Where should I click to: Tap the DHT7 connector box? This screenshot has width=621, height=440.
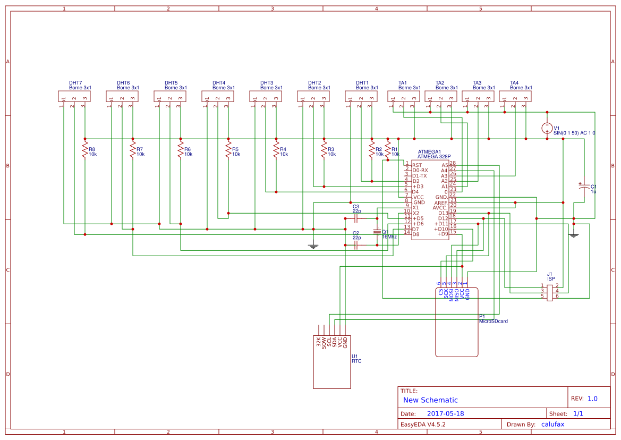[x=74, y=96]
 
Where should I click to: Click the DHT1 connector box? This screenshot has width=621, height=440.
[x=361, y=96]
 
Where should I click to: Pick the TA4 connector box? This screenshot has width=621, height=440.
[x=515, y=96]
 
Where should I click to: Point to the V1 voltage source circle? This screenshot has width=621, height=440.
[x=547, y=128]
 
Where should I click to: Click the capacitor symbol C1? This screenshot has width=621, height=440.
[x=584, y=187]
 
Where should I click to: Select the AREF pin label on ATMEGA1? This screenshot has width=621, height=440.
[x=440, y=202]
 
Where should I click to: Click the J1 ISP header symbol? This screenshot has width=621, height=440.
[x=550, y=292]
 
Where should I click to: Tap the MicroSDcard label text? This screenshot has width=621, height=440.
[x=494, y=321]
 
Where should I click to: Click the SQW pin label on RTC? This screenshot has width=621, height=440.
[x=324, y=342]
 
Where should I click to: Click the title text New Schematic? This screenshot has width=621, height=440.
[x=430, y=400]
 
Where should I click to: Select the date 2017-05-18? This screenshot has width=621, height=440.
[x=445, y=413]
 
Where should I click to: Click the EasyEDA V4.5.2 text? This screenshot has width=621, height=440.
[x=423, y=425]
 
